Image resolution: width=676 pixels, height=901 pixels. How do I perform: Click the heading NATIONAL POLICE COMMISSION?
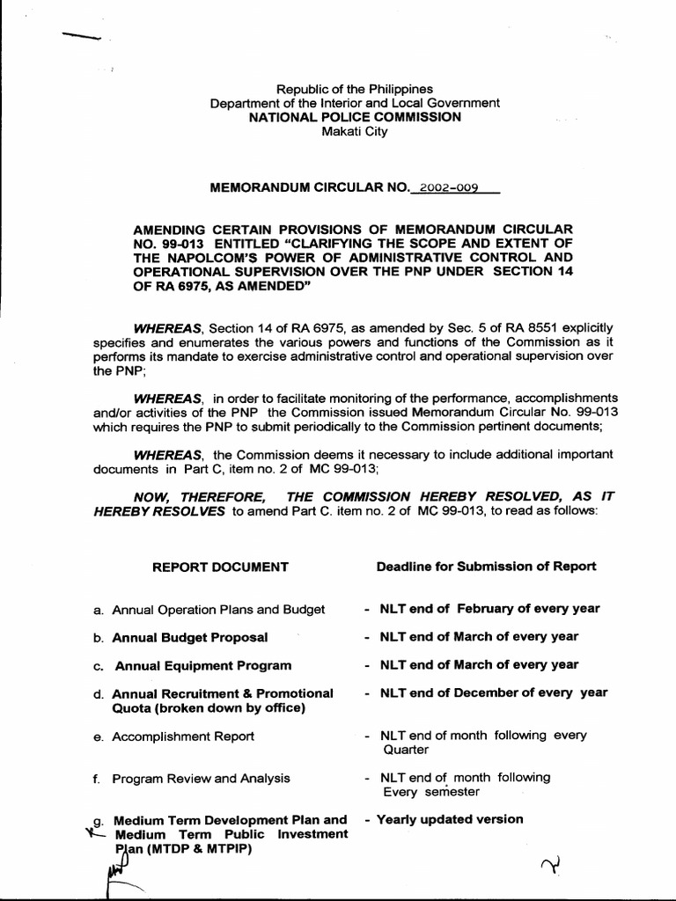pos(355,117)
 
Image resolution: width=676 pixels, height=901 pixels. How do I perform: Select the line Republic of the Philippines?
pos(355,89)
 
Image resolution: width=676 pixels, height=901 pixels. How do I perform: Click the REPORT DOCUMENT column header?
pos(220,567)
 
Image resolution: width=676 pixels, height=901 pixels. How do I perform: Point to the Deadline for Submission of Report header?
pos(486,566)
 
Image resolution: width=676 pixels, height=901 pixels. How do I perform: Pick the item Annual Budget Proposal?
pos(190,637)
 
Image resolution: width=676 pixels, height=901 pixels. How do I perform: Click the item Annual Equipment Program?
pos(202,665)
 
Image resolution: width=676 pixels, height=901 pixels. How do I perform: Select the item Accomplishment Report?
pos(183,736)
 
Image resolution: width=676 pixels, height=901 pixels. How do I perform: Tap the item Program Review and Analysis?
pos(201,778)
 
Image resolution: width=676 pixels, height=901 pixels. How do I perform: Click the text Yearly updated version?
pos(449,819)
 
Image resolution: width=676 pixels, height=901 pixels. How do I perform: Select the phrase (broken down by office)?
pos(209,707)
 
